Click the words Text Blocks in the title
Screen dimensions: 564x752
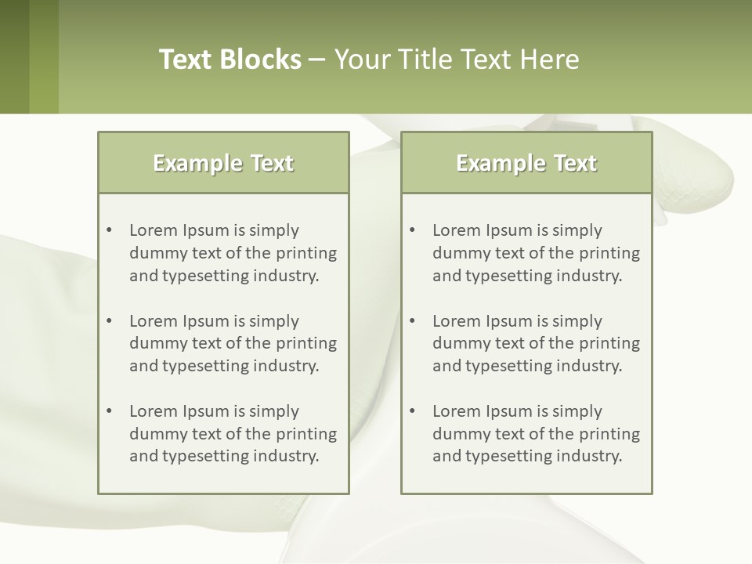pyautogui.click(x=230, y=60)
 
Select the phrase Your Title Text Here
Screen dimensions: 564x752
pyautogui.click(x=457, y=60)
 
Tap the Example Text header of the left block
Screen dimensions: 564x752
pyautogui.click(x=223, y=163)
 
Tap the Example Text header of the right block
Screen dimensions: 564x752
pyautogui.click(x=526, y=163)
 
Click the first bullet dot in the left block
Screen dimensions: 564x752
pyautogui.click(x=109, y=230)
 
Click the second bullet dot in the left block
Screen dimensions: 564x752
pyautogui.click(x=109, y=321)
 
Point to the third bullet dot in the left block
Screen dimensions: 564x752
pyautogui.click(x=109, y=411)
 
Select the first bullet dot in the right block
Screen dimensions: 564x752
pyautogui.click(x=412, y=230)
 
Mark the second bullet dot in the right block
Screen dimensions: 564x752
pyautogui.click(x=412, y=321)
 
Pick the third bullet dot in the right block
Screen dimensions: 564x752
pyautogui.click(x=412, y=411)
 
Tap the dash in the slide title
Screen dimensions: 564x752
pyautogui.click(x=317, y=60)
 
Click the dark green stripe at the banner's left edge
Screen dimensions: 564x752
pyautogui.click(x=14, y=56)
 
